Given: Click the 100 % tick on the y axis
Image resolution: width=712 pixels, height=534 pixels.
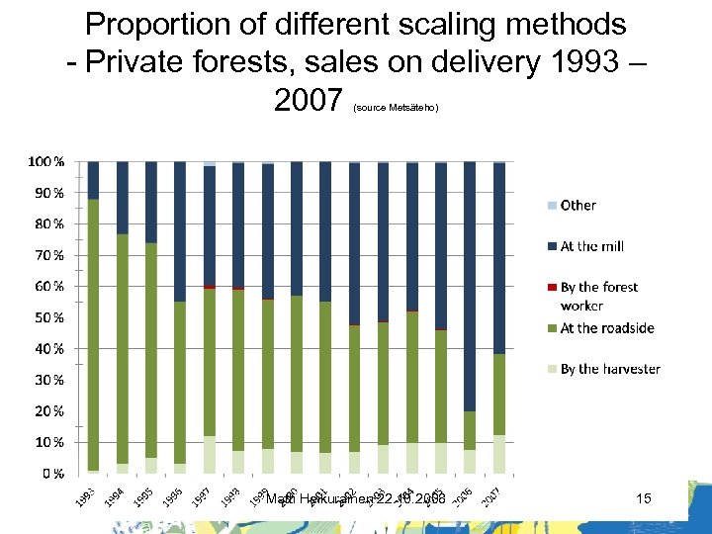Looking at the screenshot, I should [x=44, y=161].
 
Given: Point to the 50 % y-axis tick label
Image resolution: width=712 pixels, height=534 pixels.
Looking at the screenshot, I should [x=46, y=317].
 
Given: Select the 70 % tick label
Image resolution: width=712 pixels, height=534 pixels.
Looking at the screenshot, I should [x=46, y=255].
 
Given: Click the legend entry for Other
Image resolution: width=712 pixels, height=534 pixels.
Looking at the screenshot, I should [x=578, y=206].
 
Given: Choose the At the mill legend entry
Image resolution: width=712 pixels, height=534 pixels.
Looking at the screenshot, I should [x=591, y=246].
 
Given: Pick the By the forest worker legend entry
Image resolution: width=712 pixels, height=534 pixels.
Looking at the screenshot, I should [x=598, y=296].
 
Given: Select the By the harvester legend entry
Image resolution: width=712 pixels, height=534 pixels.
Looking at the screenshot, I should [x=609, y=369].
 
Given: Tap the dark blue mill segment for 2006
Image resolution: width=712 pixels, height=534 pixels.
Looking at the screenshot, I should [x=470, y=287].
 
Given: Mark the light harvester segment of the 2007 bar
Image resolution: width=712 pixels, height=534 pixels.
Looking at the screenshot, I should [x=499, y=454].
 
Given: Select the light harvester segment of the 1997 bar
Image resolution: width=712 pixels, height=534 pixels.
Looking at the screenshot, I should [x=209, y=454].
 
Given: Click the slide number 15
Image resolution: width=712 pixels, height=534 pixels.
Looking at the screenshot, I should [x=644, y=499].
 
